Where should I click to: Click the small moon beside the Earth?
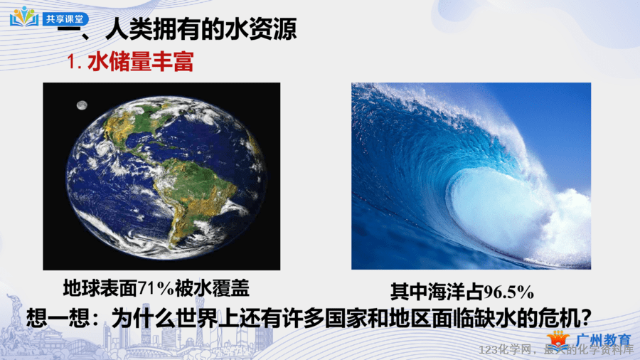point(82,105)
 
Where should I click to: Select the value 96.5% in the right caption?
point(509,292)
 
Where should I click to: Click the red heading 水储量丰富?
point(140,62)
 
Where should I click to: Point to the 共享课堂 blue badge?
point(65,18)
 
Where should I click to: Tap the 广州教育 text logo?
point(604,339)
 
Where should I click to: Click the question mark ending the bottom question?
point(585,318)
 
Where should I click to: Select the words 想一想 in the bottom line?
point(58,318)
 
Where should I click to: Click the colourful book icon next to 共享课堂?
point(24,17)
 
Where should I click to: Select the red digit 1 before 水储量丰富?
point(73,62)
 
